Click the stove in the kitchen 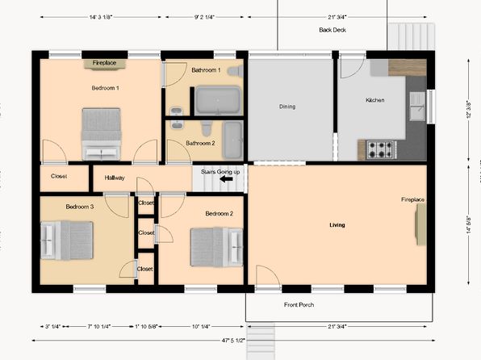(380, 150)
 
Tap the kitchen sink (418, 106)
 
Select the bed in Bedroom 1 (101, 134)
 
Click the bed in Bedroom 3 (67, 241)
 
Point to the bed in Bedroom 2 (216, 247)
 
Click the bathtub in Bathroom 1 (218, 101)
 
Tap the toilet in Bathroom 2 (206, 128)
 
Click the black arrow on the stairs (227, 179)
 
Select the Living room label (337, 225)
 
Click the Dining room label (287, 107)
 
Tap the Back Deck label (333, 30)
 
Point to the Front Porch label (299, 305)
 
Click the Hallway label (115, 178)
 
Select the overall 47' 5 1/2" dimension (234, 341)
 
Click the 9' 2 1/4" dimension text (204, 17)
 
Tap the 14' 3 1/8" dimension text (101, 17)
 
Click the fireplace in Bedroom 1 (104, 64)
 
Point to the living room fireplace (421, 224)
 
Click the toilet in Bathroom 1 (236, 71)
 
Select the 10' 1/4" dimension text (201, 327)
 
